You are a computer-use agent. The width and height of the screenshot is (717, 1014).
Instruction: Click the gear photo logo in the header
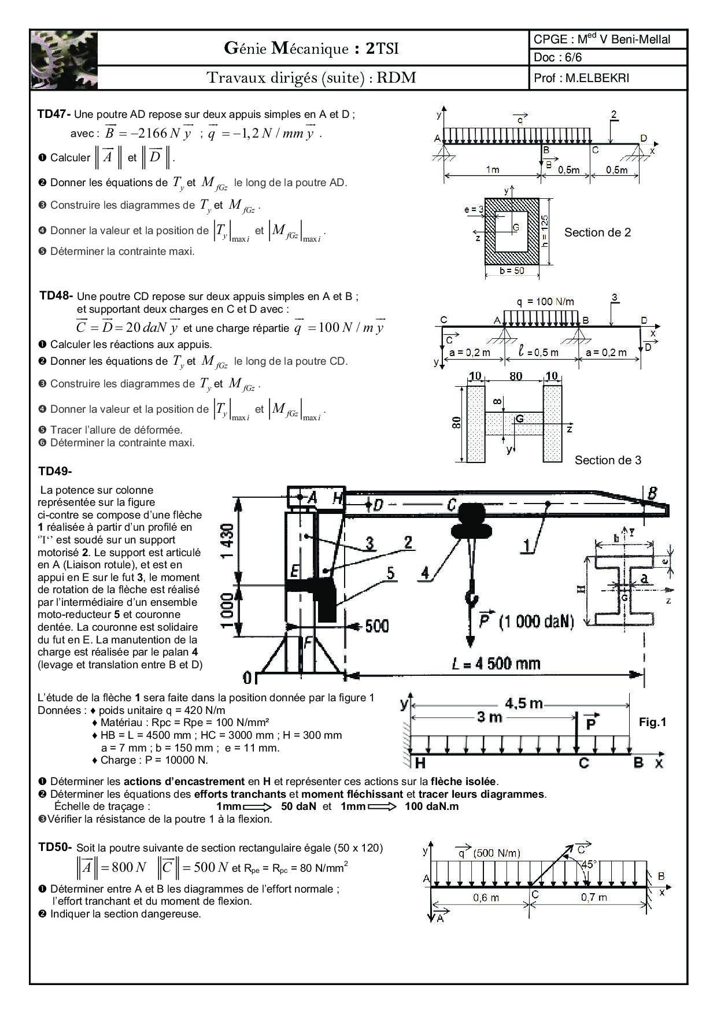[x=64, y=60]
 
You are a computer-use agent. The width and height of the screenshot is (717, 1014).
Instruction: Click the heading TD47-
[x=54, y=114]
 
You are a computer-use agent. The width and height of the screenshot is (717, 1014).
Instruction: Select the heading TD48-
[x=56, y=296]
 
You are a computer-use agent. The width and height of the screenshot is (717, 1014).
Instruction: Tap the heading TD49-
[x=55, y=471]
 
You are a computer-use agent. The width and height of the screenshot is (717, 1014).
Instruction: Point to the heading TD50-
[x=56, y=848]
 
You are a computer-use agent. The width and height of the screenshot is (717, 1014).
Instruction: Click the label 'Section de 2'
[x=597, y=232]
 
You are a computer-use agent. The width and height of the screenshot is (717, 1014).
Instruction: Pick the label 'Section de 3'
[x=608, y=460]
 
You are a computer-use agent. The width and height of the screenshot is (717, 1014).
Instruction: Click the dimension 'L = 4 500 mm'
[x=496, y=663]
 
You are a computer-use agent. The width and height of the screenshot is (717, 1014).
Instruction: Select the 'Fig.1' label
[x=652, y=722]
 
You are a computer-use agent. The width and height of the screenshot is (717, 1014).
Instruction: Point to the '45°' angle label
[x=589, y=865]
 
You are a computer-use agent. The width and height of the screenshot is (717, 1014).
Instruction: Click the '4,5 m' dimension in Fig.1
[x=523, y=703]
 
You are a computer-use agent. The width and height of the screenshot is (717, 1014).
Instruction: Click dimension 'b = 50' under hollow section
[x=511, y=271]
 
